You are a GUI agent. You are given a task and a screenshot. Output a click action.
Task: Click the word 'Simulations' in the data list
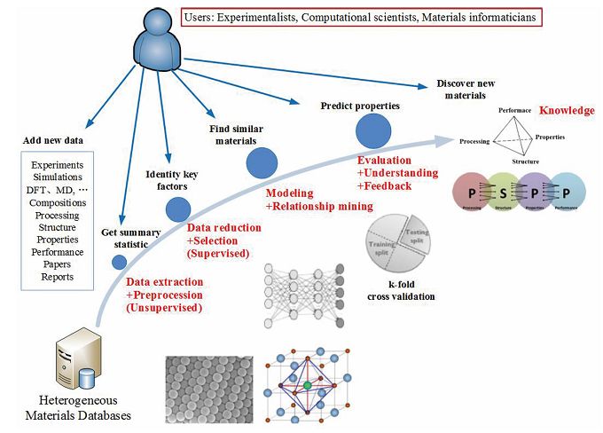click(x=58, y=177)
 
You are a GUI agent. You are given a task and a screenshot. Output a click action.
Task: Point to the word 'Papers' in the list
click(x=58, y=264)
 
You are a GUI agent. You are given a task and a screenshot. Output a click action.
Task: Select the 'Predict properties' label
click(x=360, y=105)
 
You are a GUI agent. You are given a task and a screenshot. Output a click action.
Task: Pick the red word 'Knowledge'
click(x=568, y=110)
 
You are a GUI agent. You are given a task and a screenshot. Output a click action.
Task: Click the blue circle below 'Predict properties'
click(x=372, y=131)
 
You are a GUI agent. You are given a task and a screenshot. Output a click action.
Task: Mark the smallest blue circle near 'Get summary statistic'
click(x=119, y=261)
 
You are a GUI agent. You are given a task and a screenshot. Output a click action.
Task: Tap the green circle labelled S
click(x=501, y=192)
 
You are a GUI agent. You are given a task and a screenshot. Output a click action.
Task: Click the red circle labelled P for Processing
click(x=472, y=192)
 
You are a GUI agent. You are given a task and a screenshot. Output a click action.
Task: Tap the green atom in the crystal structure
click(x=307, y=387)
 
